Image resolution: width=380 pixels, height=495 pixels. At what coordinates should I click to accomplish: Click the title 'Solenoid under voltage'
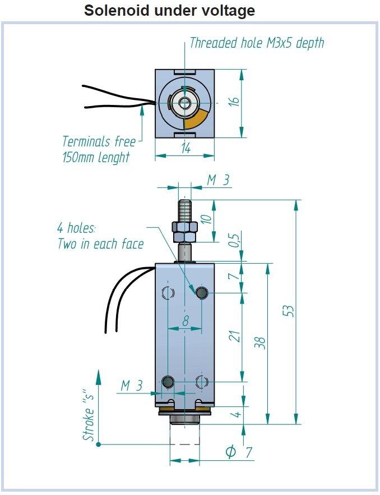tap(169, 10)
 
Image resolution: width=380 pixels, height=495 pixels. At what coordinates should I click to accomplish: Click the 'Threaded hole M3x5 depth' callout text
tap(257, 43)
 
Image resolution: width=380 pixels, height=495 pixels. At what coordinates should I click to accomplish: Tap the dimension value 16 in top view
tap(234, 102)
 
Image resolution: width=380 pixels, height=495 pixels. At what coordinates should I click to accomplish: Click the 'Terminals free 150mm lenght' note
tap(97, 149)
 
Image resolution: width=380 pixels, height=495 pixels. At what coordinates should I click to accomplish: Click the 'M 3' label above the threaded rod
tap(218, 180)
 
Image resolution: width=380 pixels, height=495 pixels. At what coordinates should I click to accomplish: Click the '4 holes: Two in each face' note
tap(100, 236)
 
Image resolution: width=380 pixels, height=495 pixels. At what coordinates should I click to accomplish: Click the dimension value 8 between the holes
tap(186, 322)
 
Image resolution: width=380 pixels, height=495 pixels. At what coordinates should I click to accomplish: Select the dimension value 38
tap(260, 343)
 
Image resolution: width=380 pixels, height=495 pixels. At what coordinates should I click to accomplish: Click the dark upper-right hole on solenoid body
tap(202, 292)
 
